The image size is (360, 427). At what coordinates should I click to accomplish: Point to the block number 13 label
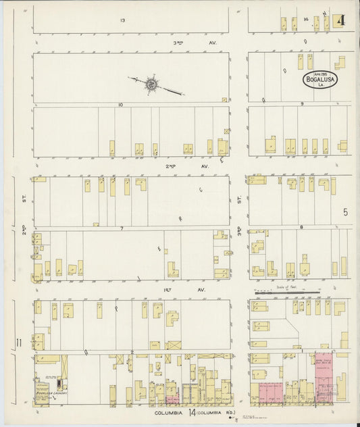coord(122,20)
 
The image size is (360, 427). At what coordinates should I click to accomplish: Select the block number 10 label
coord(120,104)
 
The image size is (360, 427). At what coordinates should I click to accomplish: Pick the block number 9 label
coord(302,103)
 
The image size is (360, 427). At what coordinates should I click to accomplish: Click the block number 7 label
coord(122,228)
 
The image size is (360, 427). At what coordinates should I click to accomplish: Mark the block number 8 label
coord(301,228)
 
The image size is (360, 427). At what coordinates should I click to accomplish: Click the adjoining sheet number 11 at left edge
coord(20,343)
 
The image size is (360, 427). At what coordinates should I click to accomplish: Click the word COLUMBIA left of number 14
coord(168,412)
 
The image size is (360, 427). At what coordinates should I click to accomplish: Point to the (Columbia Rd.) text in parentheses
coord(217,412)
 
